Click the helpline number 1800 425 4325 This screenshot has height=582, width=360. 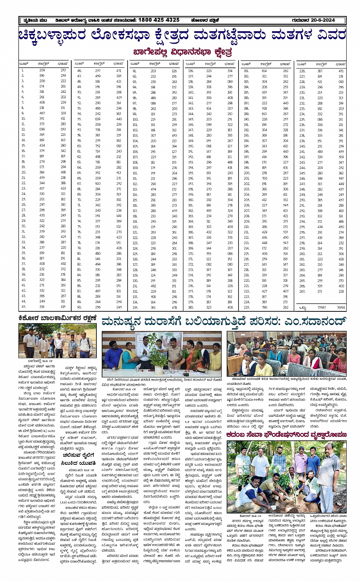[159, 20]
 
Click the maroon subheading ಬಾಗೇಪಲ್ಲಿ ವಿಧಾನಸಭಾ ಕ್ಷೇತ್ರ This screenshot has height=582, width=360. [182, 51]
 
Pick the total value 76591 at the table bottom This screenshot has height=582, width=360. [341, 308]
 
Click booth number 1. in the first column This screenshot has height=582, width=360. [22, 70]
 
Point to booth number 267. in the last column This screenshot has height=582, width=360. [302, 292]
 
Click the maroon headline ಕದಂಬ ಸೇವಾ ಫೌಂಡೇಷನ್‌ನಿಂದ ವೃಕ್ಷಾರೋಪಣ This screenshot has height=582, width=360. [286, 435]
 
